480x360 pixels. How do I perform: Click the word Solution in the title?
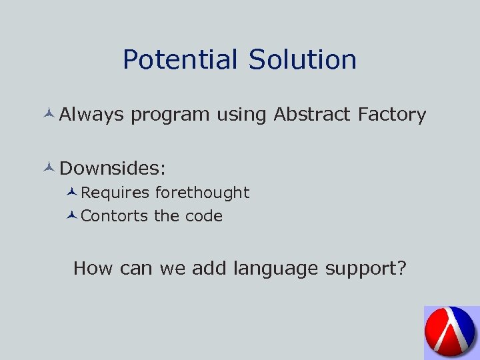click(x=302, y=60)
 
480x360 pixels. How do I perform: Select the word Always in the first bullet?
click(x=91, y=115)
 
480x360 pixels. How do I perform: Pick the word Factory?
click(x=391, y=115)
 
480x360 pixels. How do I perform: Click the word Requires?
click(x=115, y=193)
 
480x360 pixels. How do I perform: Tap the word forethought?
click(x=202, y=193)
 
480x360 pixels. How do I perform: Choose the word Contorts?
click(x=115, y=216)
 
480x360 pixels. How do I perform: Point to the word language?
click(x=276, y=269)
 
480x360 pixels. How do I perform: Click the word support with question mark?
click(x=365, y=269)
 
